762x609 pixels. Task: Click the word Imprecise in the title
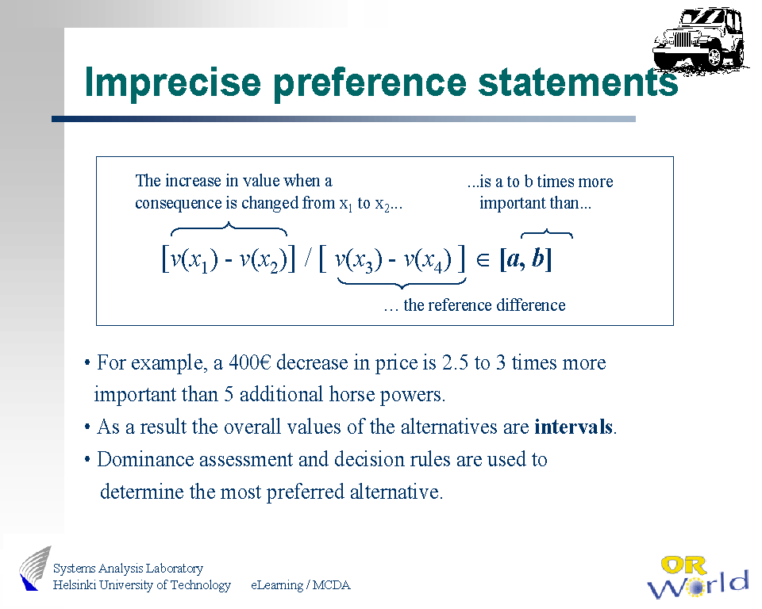pyautogui.click(x=172, y=82)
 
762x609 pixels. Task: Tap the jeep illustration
pyautogui.click(x=700, y=39)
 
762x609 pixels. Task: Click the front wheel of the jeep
pyautogui.click(x=715, y=57)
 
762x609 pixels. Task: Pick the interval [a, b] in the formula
pyautogui.click(x=525, y=259)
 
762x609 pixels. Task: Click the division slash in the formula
pyautogui.click(x=308, y=259)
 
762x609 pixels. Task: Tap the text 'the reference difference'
pyautogui.click(x=484, y=305)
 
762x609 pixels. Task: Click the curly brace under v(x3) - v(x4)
pyautogui.click(x=402, y=282)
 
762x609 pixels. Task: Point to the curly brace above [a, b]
pyautogui.click(x=547, y=234)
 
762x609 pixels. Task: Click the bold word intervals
pyautogui.click(x=573, y=427)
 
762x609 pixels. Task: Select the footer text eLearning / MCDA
pyautogui.click(x=300, y=585)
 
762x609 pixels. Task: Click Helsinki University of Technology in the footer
pyautogui.click(x=142, y=585)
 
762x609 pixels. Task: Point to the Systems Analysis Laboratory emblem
pyautogui.click(x=36, y=569)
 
